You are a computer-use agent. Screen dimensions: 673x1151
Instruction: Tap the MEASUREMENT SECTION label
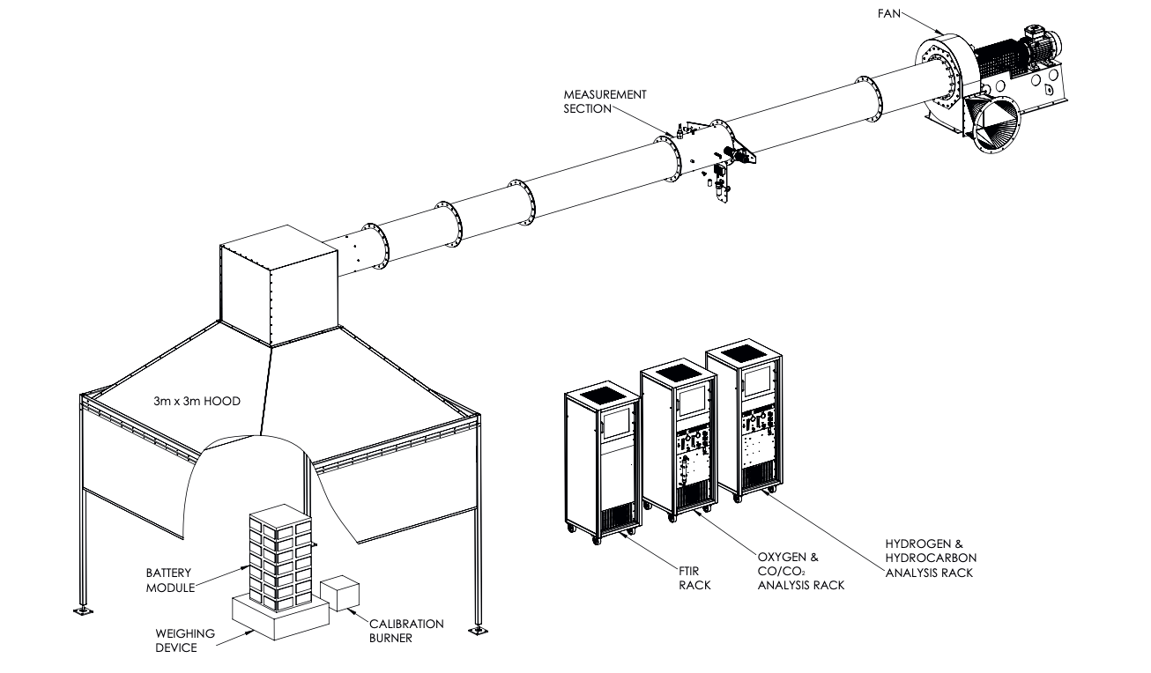pyautogui.click(x=605, y=100)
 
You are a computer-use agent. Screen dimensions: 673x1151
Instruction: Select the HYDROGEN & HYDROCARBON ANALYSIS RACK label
pyautogui.click(x=930, y=558)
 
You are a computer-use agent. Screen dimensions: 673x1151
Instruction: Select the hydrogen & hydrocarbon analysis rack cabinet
pyautogui.click(x=745, y=423)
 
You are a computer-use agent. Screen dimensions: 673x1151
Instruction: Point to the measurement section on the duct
pyautogui.click(x=704, y=150)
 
